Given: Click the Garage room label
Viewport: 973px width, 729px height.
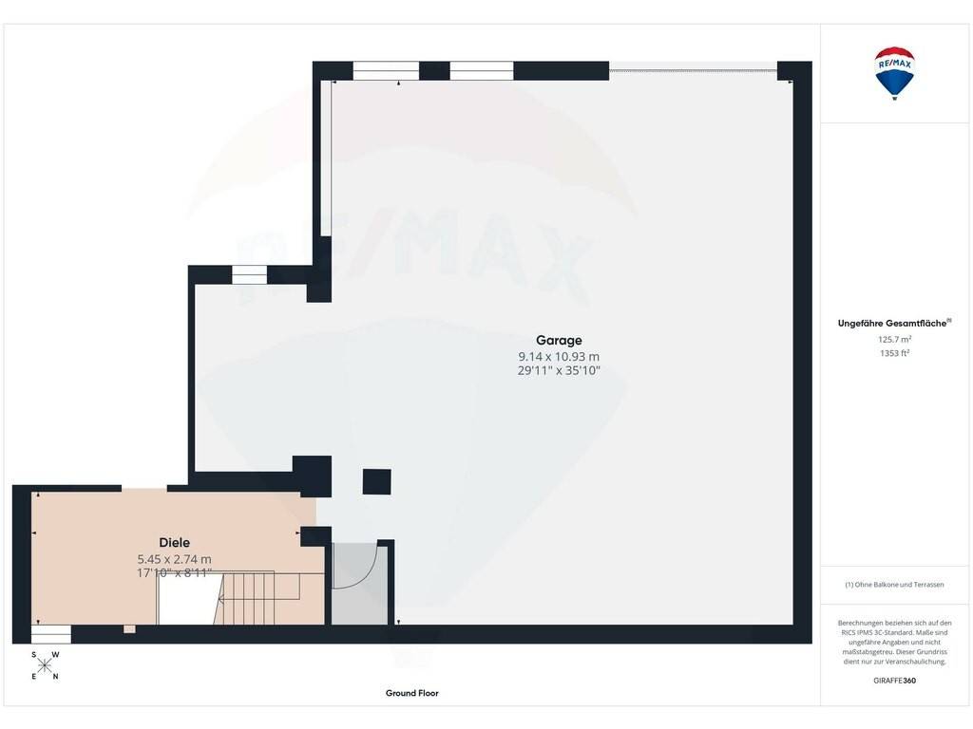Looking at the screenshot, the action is click(x=559, y=341).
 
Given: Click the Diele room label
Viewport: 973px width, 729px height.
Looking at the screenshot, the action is click(x=175, y=542).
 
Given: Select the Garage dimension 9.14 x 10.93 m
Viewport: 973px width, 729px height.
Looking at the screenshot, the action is click(x=559, y=357).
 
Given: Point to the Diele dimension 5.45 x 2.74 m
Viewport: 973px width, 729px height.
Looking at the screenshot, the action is click(x=175, y=559).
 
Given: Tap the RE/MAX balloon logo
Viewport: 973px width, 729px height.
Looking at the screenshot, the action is click(x=894, y=72).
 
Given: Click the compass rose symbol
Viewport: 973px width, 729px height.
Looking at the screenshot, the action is click(x=45, y=665).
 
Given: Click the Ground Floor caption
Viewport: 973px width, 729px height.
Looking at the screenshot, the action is click(x=412, y=693).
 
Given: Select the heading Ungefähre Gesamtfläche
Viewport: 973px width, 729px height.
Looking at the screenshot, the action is click(x=892, y=323).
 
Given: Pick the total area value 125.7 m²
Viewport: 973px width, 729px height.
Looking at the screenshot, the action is click(x=894, y=339).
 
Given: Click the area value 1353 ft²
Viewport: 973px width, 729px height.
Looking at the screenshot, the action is click(x=894, y=353).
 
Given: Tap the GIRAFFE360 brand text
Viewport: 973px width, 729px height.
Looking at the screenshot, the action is click(x=894, y=681).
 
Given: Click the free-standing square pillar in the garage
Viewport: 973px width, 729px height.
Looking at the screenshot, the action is click(x=376, y=481).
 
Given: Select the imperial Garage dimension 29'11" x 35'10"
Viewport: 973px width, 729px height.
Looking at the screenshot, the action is click(x=559, y=371).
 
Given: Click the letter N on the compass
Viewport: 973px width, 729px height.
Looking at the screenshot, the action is click(x=56, y=676).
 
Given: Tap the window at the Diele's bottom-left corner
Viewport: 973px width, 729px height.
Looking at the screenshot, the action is click(x=51, y=634).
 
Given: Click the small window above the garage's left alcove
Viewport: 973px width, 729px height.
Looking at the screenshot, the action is click(x=249, y=274).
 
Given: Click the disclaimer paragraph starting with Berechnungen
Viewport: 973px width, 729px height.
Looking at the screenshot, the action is click(x=894, y=643).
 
